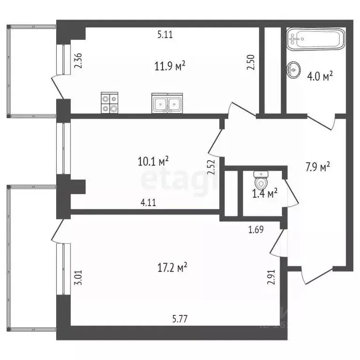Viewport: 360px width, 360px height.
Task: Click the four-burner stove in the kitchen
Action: (x=110, y=103)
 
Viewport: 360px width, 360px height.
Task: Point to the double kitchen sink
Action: (x=167, y=103)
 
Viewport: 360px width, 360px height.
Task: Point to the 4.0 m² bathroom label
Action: (x=320, y=76)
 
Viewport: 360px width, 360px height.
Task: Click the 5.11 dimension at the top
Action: (x=165, y=34)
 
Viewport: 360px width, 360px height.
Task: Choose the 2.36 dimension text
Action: (x=78, y=61)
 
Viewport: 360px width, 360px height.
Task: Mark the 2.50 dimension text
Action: (x=251, y=63)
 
